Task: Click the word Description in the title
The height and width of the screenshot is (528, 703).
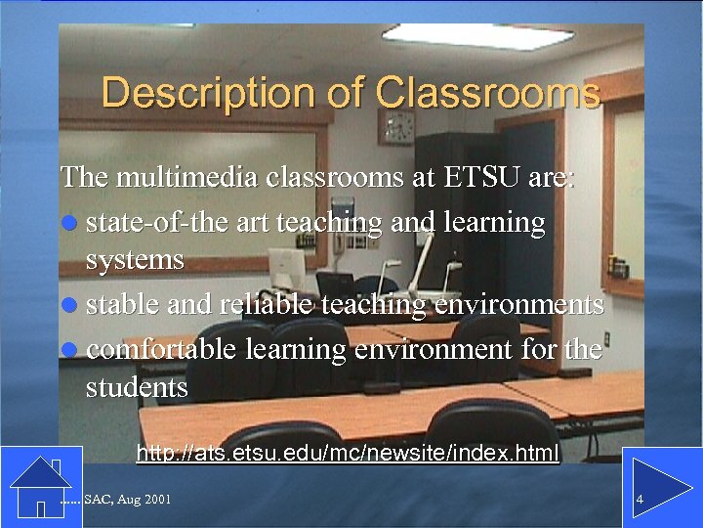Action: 184,94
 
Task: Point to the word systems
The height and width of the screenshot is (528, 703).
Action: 135,259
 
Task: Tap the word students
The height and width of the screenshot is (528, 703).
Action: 137,387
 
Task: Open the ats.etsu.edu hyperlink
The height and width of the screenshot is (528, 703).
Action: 348,454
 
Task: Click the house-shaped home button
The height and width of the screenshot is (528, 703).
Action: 40,484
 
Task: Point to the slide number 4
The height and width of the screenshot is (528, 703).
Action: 639,501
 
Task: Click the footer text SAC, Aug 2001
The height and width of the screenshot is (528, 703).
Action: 127,501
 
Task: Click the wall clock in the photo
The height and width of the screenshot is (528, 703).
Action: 397,126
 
